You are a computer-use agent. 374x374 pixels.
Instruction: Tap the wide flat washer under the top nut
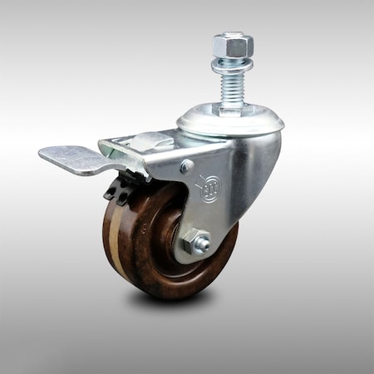pyautogui.click(x=230, y=65)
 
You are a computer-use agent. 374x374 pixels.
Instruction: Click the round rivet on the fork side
pyautogui.click(x=186, y=166)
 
